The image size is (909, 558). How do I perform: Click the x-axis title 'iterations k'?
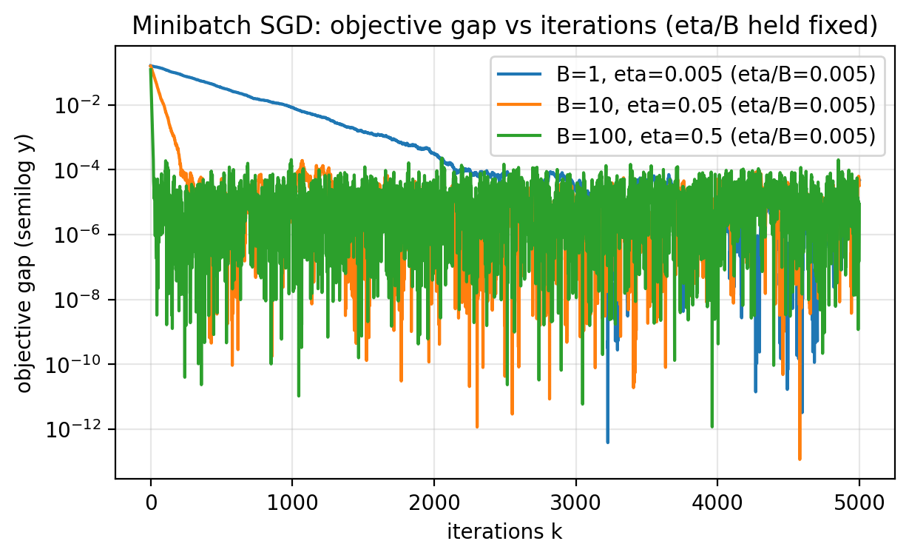click(504, 531)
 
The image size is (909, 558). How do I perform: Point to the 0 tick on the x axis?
click(151, 500)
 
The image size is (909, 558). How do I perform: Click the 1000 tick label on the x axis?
click(292, 500)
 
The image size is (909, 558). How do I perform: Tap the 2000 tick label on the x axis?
click(433, 500)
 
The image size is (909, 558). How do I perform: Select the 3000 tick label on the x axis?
click(575, 500)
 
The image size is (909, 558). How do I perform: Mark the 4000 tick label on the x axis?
click(717, 500)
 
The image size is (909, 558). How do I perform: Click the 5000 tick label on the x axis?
click(858, 500)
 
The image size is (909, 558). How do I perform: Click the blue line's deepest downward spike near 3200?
click(608, 441)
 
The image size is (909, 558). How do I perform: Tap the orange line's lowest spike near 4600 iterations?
click(800, 458)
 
